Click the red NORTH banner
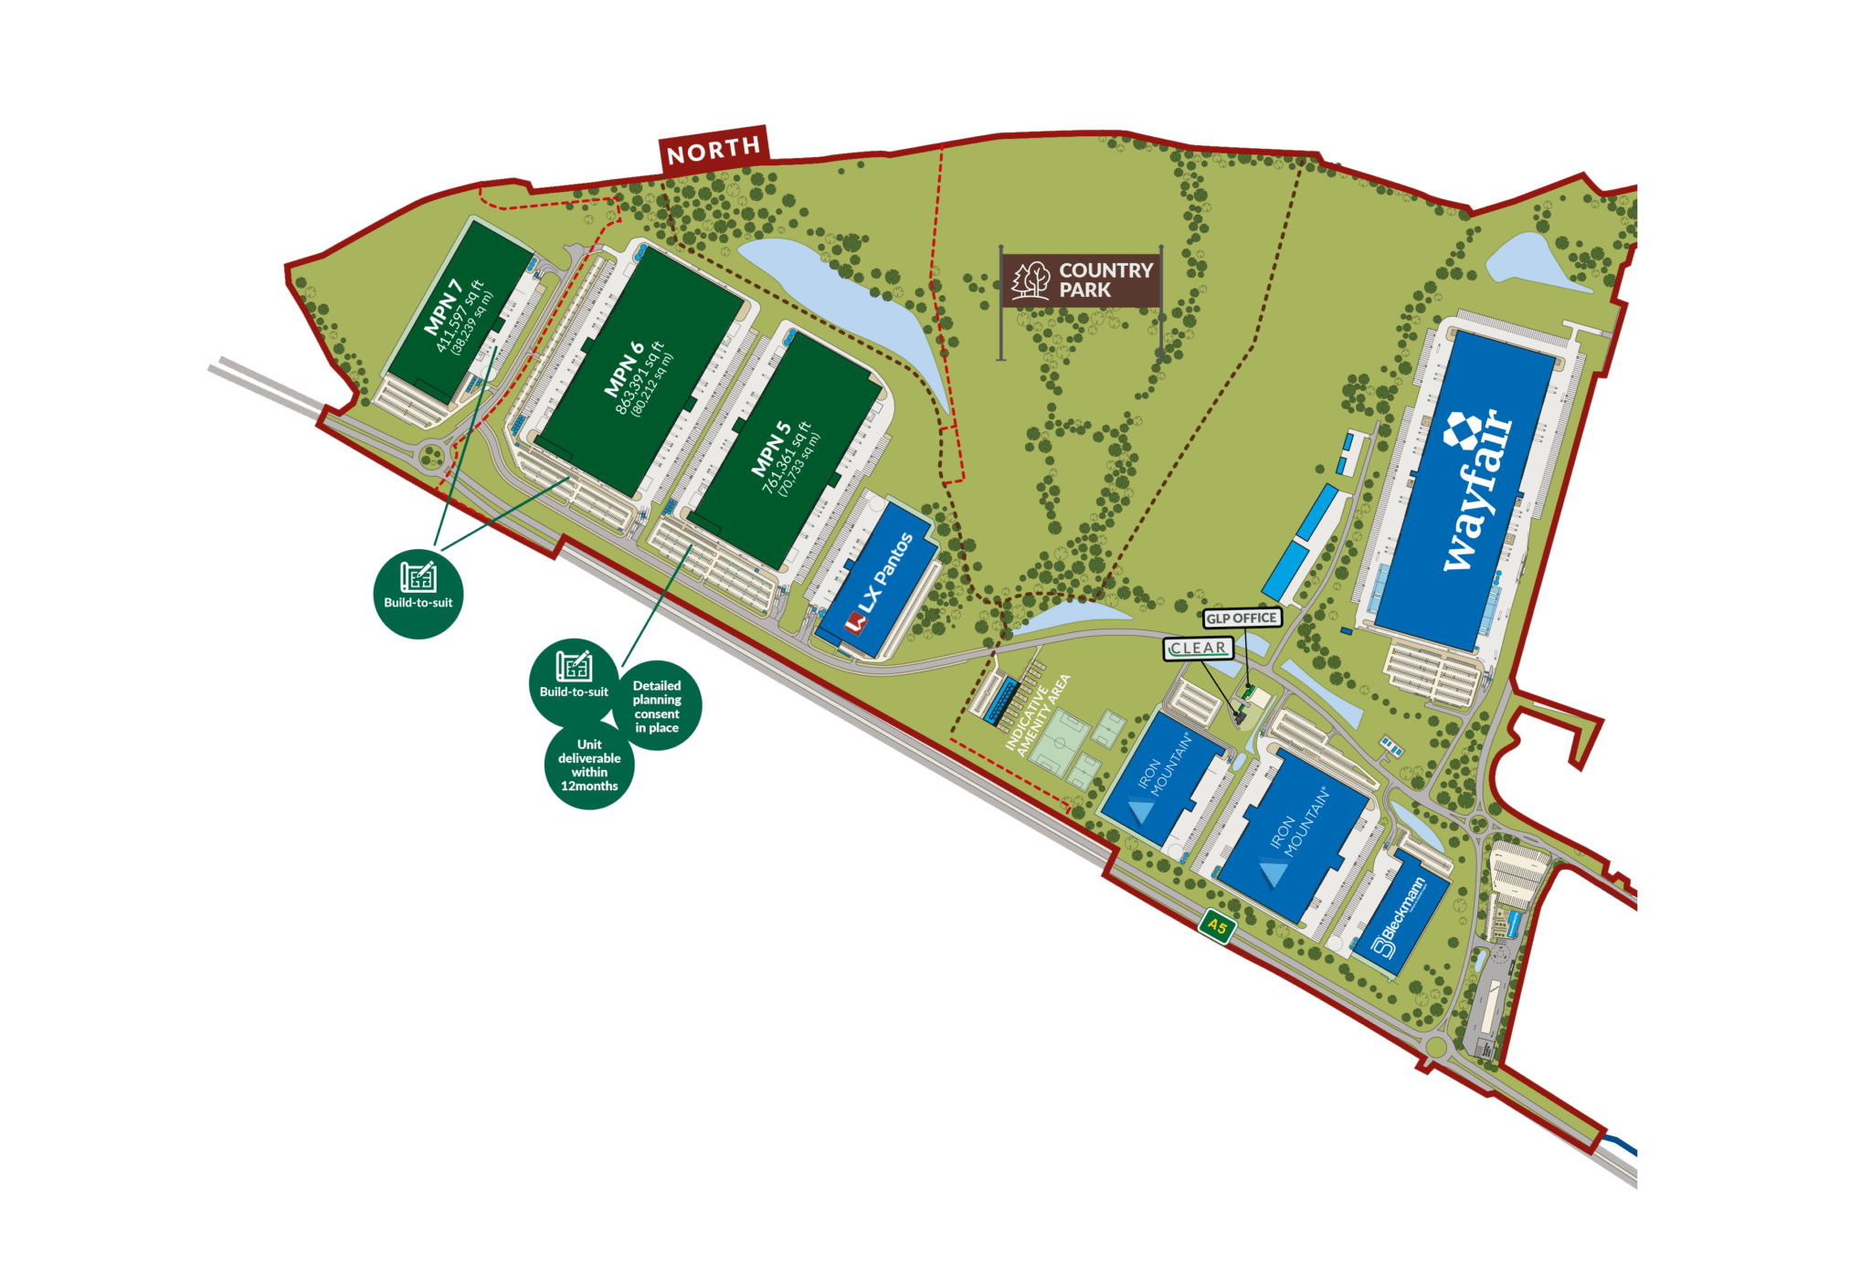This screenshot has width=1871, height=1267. point(714,150)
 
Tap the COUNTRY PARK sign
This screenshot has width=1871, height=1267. point(1082,280)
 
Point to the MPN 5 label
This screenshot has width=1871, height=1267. point(770,449)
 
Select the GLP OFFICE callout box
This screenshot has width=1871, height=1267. point(1241,618)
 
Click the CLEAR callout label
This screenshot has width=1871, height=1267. point(1199,648)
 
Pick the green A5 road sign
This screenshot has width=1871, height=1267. point(1217,926)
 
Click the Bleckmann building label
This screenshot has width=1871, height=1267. point(1402,915)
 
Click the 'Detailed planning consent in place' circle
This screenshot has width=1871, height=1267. point(657,706)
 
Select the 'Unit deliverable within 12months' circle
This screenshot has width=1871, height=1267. point(589,765)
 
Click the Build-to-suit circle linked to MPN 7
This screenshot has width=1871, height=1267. point(418,594)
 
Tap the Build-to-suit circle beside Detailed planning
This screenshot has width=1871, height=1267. point(573,681)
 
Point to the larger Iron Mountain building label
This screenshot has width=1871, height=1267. point(1297,827)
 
